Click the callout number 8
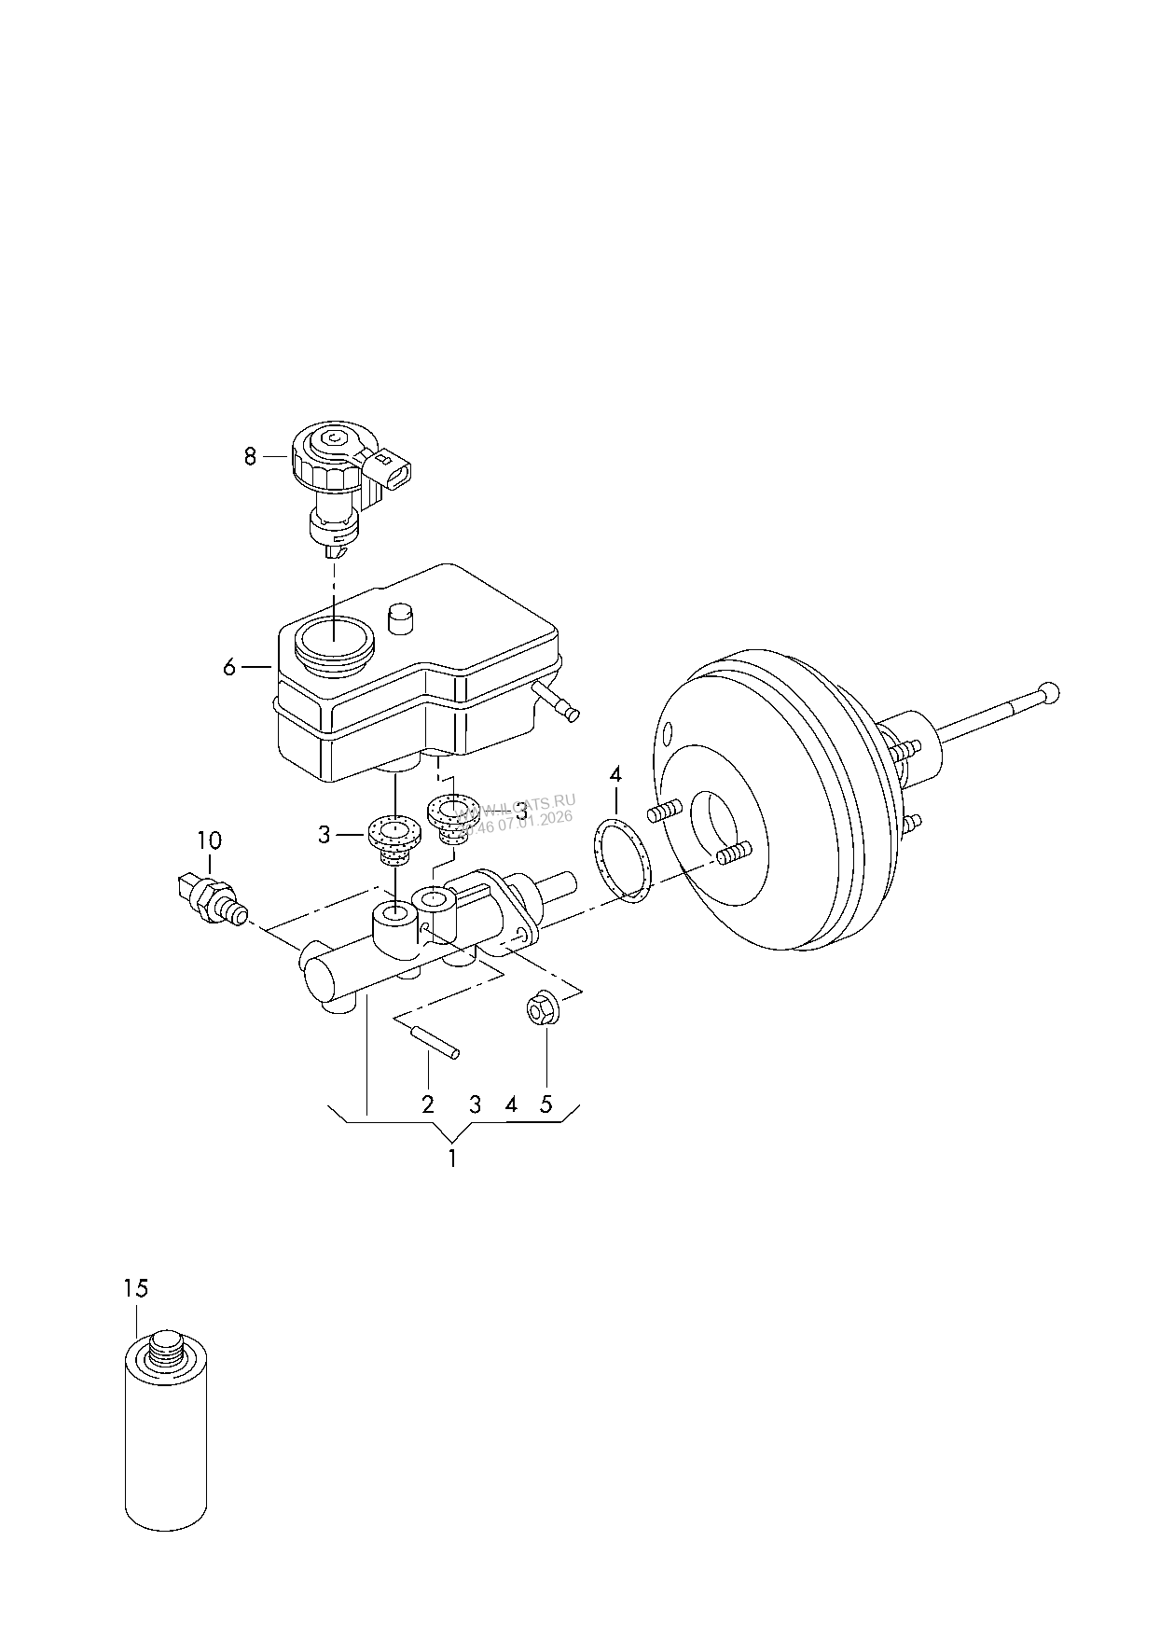249,457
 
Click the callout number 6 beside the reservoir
229,667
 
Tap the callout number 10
209,840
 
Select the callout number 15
135,1288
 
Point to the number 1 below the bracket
452,1159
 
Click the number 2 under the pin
428,1105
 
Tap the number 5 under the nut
546,1105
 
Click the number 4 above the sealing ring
615,774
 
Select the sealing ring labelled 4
622,859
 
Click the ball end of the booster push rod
1050,692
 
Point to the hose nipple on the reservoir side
558,700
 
